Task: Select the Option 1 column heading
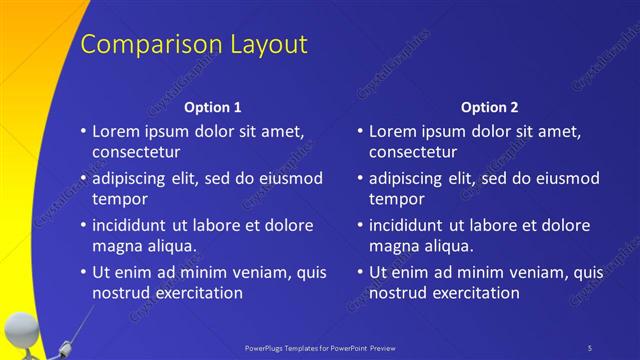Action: (x=213, y=106)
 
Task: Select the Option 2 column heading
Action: (x=490, y=106)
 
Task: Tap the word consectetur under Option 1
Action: (x=136, y=153)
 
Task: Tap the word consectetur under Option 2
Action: (x=413, y=153)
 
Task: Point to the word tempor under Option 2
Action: (x=397, y=199)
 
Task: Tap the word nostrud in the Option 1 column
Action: (x=122, y=293)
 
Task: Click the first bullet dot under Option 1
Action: (x=84, y=132)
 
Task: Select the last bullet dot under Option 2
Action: (x=360, y=272)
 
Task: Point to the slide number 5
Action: (x=589, y=347)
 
